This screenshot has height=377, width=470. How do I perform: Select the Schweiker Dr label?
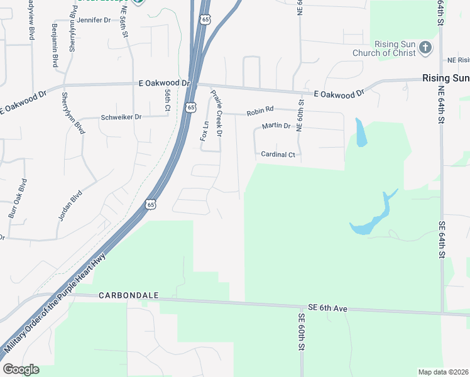pyautogui.click(x=121, y=117)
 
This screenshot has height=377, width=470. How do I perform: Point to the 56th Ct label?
pyautogui.click(x=168, y=101)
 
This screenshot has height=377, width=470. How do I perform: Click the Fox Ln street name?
pyautogui.click(x=204, y=131)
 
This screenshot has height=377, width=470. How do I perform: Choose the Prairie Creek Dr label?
pyautogui.click(x=216, y=113)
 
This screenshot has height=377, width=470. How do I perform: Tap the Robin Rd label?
pyautogui.click(x=261, y=112)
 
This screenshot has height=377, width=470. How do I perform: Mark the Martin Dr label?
pyautogui.click(x=276, y=126)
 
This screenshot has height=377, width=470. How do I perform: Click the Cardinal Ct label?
pyautogui.click(x=277, y=155)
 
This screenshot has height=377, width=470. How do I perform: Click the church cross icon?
pyautogui.click(x=425, y=48)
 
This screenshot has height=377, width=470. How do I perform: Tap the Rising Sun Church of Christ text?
pyautogui.click(x=395, y=48)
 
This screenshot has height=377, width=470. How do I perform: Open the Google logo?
pyautogui.click(x=21, y=369)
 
